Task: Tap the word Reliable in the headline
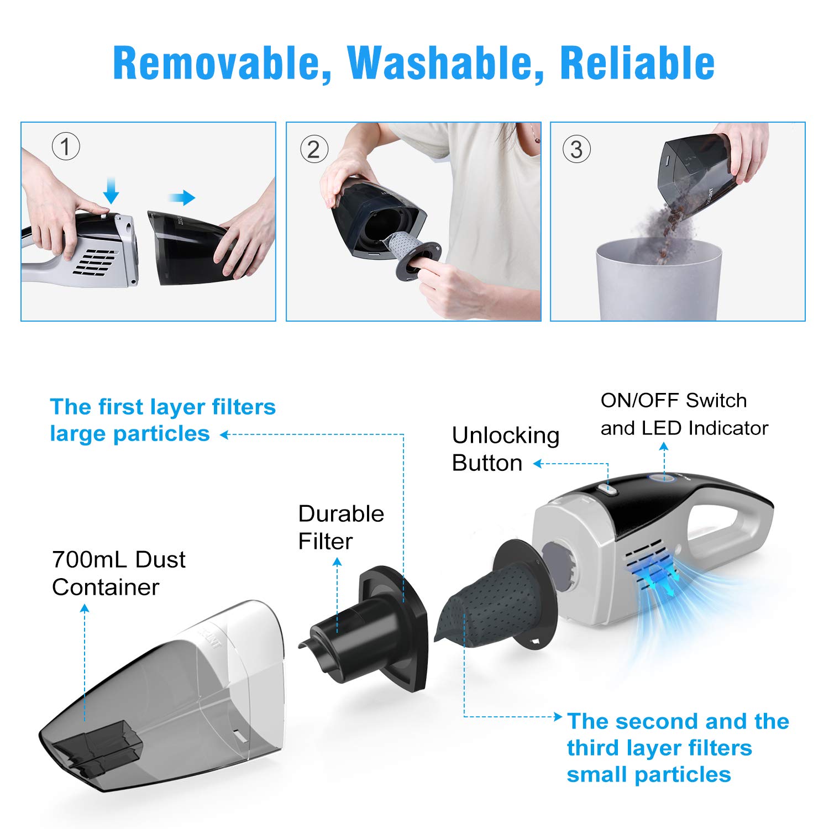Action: (637, 64)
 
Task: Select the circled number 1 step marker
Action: (66, 147)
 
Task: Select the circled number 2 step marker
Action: (314, 150)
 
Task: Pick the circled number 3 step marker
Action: (576, 150)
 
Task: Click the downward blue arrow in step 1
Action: (111, 191)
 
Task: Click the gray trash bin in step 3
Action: (658, 282)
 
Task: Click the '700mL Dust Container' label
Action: (118, 573)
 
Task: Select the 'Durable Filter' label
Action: (340, 527)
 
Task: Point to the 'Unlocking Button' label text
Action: (505, 449)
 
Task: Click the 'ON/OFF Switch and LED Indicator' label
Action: (684, 414)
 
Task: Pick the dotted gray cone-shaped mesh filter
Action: (492, 602)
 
